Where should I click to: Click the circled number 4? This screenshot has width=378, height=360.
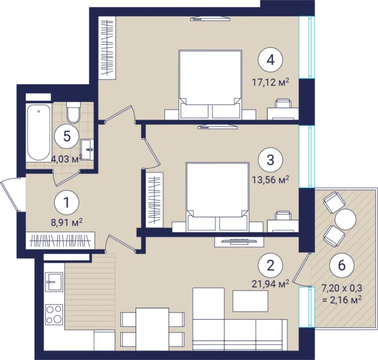point(270,60)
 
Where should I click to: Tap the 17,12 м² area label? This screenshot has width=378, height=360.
point(270,82)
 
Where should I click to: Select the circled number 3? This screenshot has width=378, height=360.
point(270,160)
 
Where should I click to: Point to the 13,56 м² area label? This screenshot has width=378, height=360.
point(270,179)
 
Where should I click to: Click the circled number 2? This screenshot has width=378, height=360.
point(270,266)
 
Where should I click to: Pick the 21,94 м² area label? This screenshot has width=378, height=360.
point(270,284)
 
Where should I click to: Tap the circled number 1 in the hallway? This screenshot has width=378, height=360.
point(67,203)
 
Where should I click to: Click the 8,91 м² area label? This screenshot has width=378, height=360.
point(67,222)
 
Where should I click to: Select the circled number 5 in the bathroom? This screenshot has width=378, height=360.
point(67,137)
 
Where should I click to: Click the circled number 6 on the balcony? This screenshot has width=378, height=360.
point(342,265)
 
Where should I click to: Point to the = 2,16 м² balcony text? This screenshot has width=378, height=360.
point(342,300)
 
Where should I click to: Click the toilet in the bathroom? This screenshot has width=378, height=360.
point(73,113)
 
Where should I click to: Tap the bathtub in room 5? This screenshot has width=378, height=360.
point(38,132)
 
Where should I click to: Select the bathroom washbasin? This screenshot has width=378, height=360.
point(88,149)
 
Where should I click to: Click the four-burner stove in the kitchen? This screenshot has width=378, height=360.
point(54,314)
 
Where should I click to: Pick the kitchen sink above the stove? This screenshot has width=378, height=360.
point(54,282)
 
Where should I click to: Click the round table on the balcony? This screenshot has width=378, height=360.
point(345,220)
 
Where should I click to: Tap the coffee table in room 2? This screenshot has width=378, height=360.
point(250,301)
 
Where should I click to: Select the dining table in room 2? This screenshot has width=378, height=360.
point(152,329)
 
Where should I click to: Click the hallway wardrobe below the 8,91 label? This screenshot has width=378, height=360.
point(60,240)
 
